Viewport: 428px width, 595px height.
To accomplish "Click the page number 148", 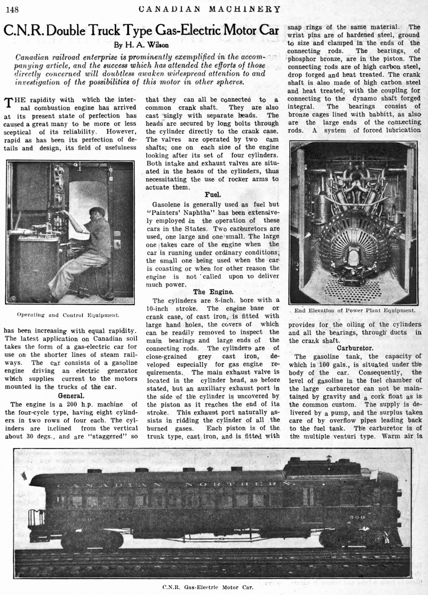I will (12, 8).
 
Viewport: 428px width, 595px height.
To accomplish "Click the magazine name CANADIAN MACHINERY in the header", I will (209, 8).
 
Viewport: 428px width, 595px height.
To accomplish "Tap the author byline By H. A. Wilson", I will (141, 45).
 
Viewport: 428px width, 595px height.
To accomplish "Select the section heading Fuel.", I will (212, 195).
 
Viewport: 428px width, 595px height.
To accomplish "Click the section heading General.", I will (70, 396).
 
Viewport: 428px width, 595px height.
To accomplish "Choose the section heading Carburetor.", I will (355, 348).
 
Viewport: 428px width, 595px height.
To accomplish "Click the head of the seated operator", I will (97, 213).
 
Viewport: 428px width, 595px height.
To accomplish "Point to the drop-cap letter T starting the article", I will (8, 103).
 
